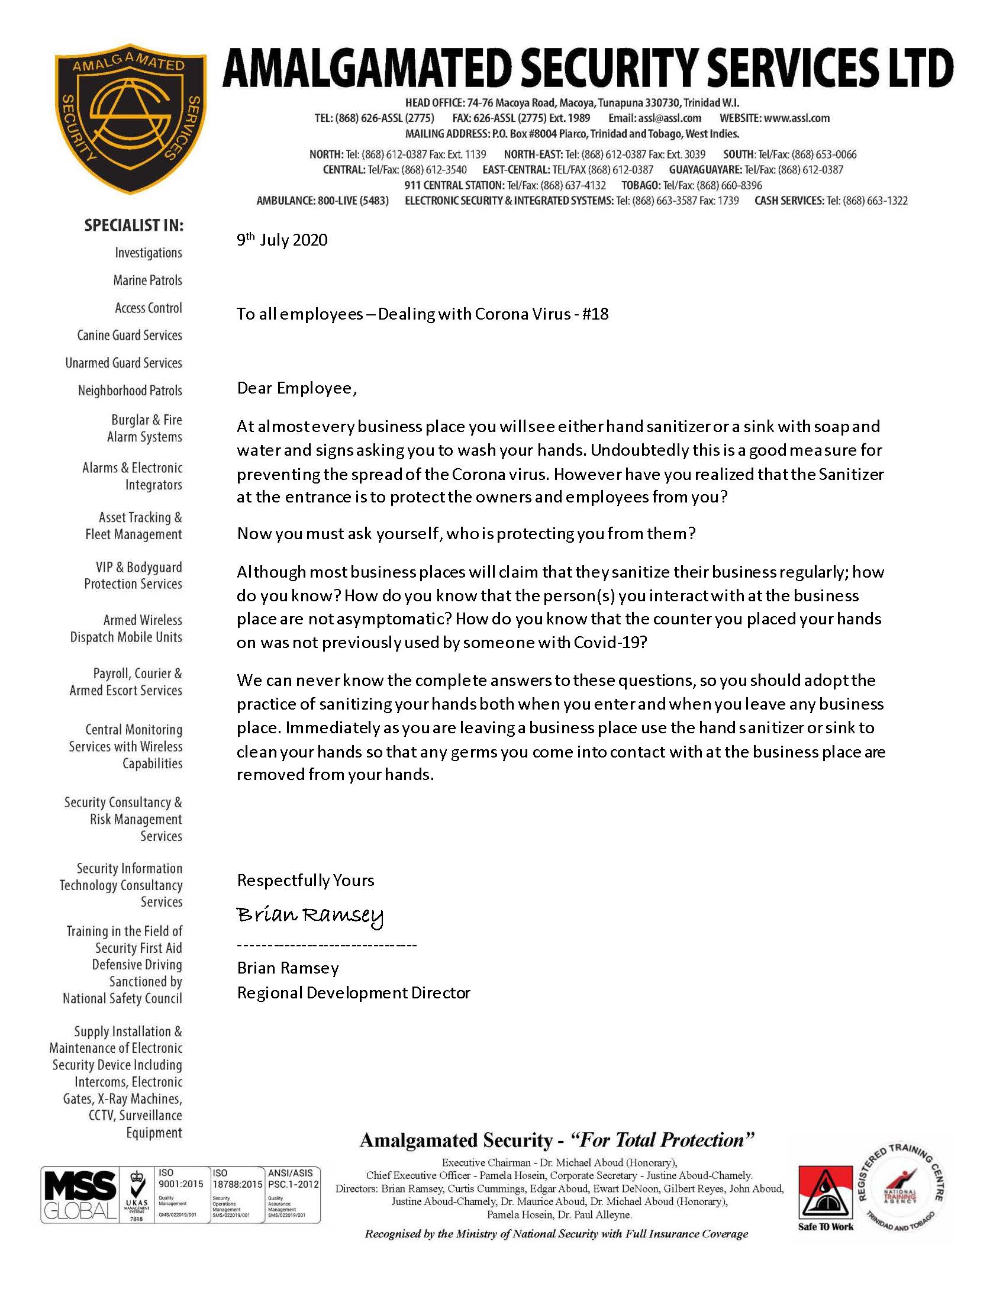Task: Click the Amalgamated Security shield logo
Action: pos(131,118)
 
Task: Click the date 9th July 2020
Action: pos(282,240)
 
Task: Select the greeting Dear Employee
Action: pos(296,389)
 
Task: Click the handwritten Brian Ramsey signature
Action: pos(310,915)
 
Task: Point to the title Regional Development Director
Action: pos(353,992)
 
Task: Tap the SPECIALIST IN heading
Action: pos(134,225)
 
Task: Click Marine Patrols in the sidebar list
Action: pos(147,280)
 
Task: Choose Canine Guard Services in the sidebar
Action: pos(130,335)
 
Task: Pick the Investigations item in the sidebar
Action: pos(149,253)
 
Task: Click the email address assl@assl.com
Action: pos(669,118)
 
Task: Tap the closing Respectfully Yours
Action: pos(305,881)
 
